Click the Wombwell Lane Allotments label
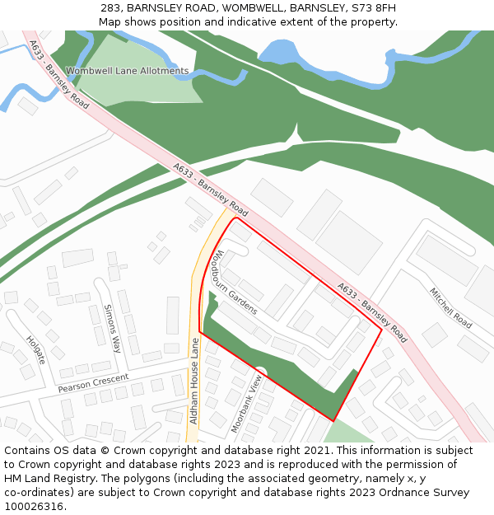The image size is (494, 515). (x=127, y=72)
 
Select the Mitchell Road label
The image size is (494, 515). (x=450, y=307)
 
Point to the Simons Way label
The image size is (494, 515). (x=112, y=328)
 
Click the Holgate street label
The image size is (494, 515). (x=35, y=350)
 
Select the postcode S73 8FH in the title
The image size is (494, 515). (x=373, y=8)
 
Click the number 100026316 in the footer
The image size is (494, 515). (x=34, y=507)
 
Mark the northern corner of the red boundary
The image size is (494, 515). (x=237, y=218)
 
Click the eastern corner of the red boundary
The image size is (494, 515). (x=382, y=330)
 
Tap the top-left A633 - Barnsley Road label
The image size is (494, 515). (x=58, y=75)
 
